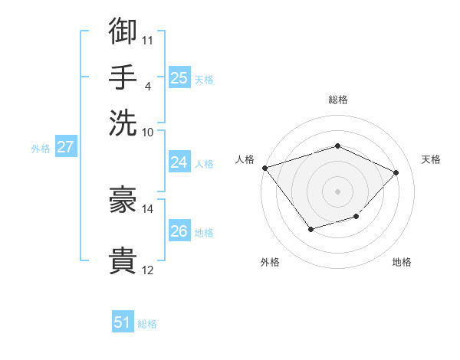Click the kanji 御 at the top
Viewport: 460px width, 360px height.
tap(123, 32)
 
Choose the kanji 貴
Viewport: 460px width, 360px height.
tap(123, 260)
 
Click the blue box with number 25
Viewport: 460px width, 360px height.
tap(179, 78)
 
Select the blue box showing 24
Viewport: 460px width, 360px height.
tap(179, 162)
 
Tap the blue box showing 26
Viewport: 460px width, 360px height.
tap(179, 231)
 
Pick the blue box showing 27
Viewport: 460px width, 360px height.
tap(65, 148)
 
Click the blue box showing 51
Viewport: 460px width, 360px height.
tap(123, 322)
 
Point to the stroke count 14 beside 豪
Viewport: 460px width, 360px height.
tap(148, 208)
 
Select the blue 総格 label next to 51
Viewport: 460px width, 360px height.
tap(147, 324)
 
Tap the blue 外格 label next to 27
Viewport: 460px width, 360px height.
tap(41, 149)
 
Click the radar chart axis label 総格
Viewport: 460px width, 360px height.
tap(338, 100)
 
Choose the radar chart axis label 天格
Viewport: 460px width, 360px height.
tap(431, 159)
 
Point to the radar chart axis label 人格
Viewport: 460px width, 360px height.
tap(245, 159)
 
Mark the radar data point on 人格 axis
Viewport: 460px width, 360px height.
tap(264, 168)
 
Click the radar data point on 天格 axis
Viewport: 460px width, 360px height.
tap(396, 172)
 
